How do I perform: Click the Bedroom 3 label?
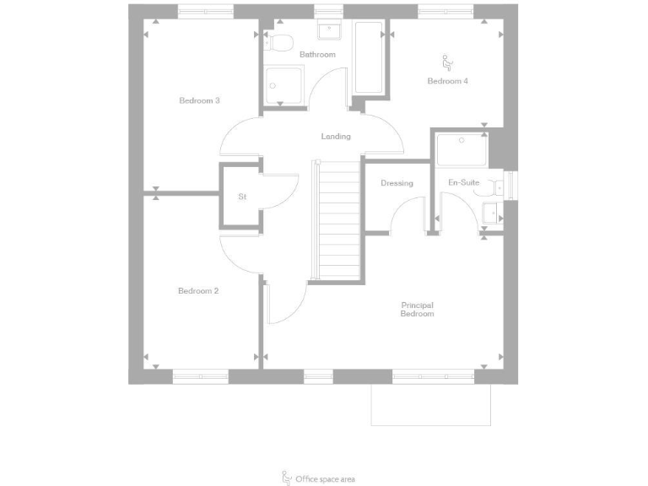pos(199,100)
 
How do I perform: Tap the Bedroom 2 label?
pos(198,291)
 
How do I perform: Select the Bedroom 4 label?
pos(447,81)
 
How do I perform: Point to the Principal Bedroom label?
pos(417,310)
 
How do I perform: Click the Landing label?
pos(336,137)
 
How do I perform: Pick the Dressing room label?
pos(397,183)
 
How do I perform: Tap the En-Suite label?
pos(463,183)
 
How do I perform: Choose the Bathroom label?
pos(317,55)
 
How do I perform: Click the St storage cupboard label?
pos(242,197)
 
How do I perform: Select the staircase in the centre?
pos(337,221)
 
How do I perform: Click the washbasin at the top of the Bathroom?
pos(328,31)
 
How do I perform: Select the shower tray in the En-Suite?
pos(462,151)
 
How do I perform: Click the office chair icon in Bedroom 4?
pos(447,62)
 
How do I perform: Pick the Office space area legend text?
pos(325,479)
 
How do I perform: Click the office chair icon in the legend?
pos(286,478)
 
